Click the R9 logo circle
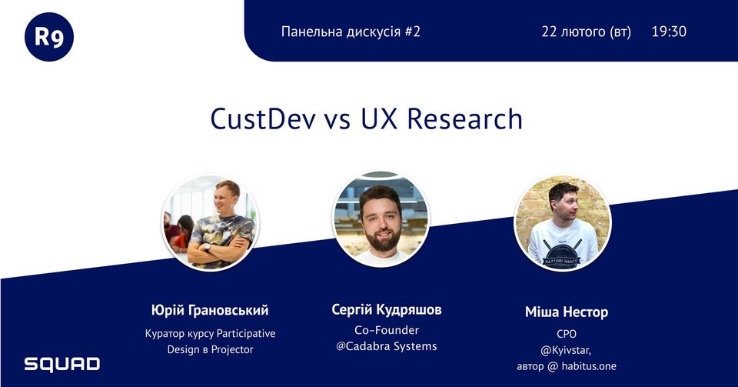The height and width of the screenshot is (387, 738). (49, 37)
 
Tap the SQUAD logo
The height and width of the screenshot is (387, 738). (62, 364)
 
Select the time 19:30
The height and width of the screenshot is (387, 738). (669, 32)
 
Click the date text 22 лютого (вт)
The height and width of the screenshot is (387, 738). (586, 32)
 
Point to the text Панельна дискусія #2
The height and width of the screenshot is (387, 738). (351, 32)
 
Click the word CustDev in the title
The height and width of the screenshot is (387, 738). (263, 118)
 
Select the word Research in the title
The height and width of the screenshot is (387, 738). (464, 118)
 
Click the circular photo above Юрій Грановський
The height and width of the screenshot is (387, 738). (210, 222)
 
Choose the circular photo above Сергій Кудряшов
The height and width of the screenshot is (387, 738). (381, 219)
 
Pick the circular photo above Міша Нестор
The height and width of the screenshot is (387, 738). (563, 222)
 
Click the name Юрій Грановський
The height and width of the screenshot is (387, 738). (210, 310)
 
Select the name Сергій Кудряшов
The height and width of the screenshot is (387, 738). (387, 310)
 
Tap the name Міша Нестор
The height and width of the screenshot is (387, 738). (567, 312)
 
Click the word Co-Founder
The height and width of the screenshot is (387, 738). (387, 330)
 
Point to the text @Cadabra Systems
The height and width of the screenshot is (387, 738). (387, 346)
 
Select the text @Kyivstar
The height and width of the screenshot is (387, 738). (565, 351)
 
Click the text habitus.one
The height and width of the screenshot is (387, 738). (589, 366)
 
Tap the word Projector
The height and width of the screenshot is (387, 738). (232, 350)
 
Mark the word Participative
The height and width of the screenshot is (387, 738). (246, 334)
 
